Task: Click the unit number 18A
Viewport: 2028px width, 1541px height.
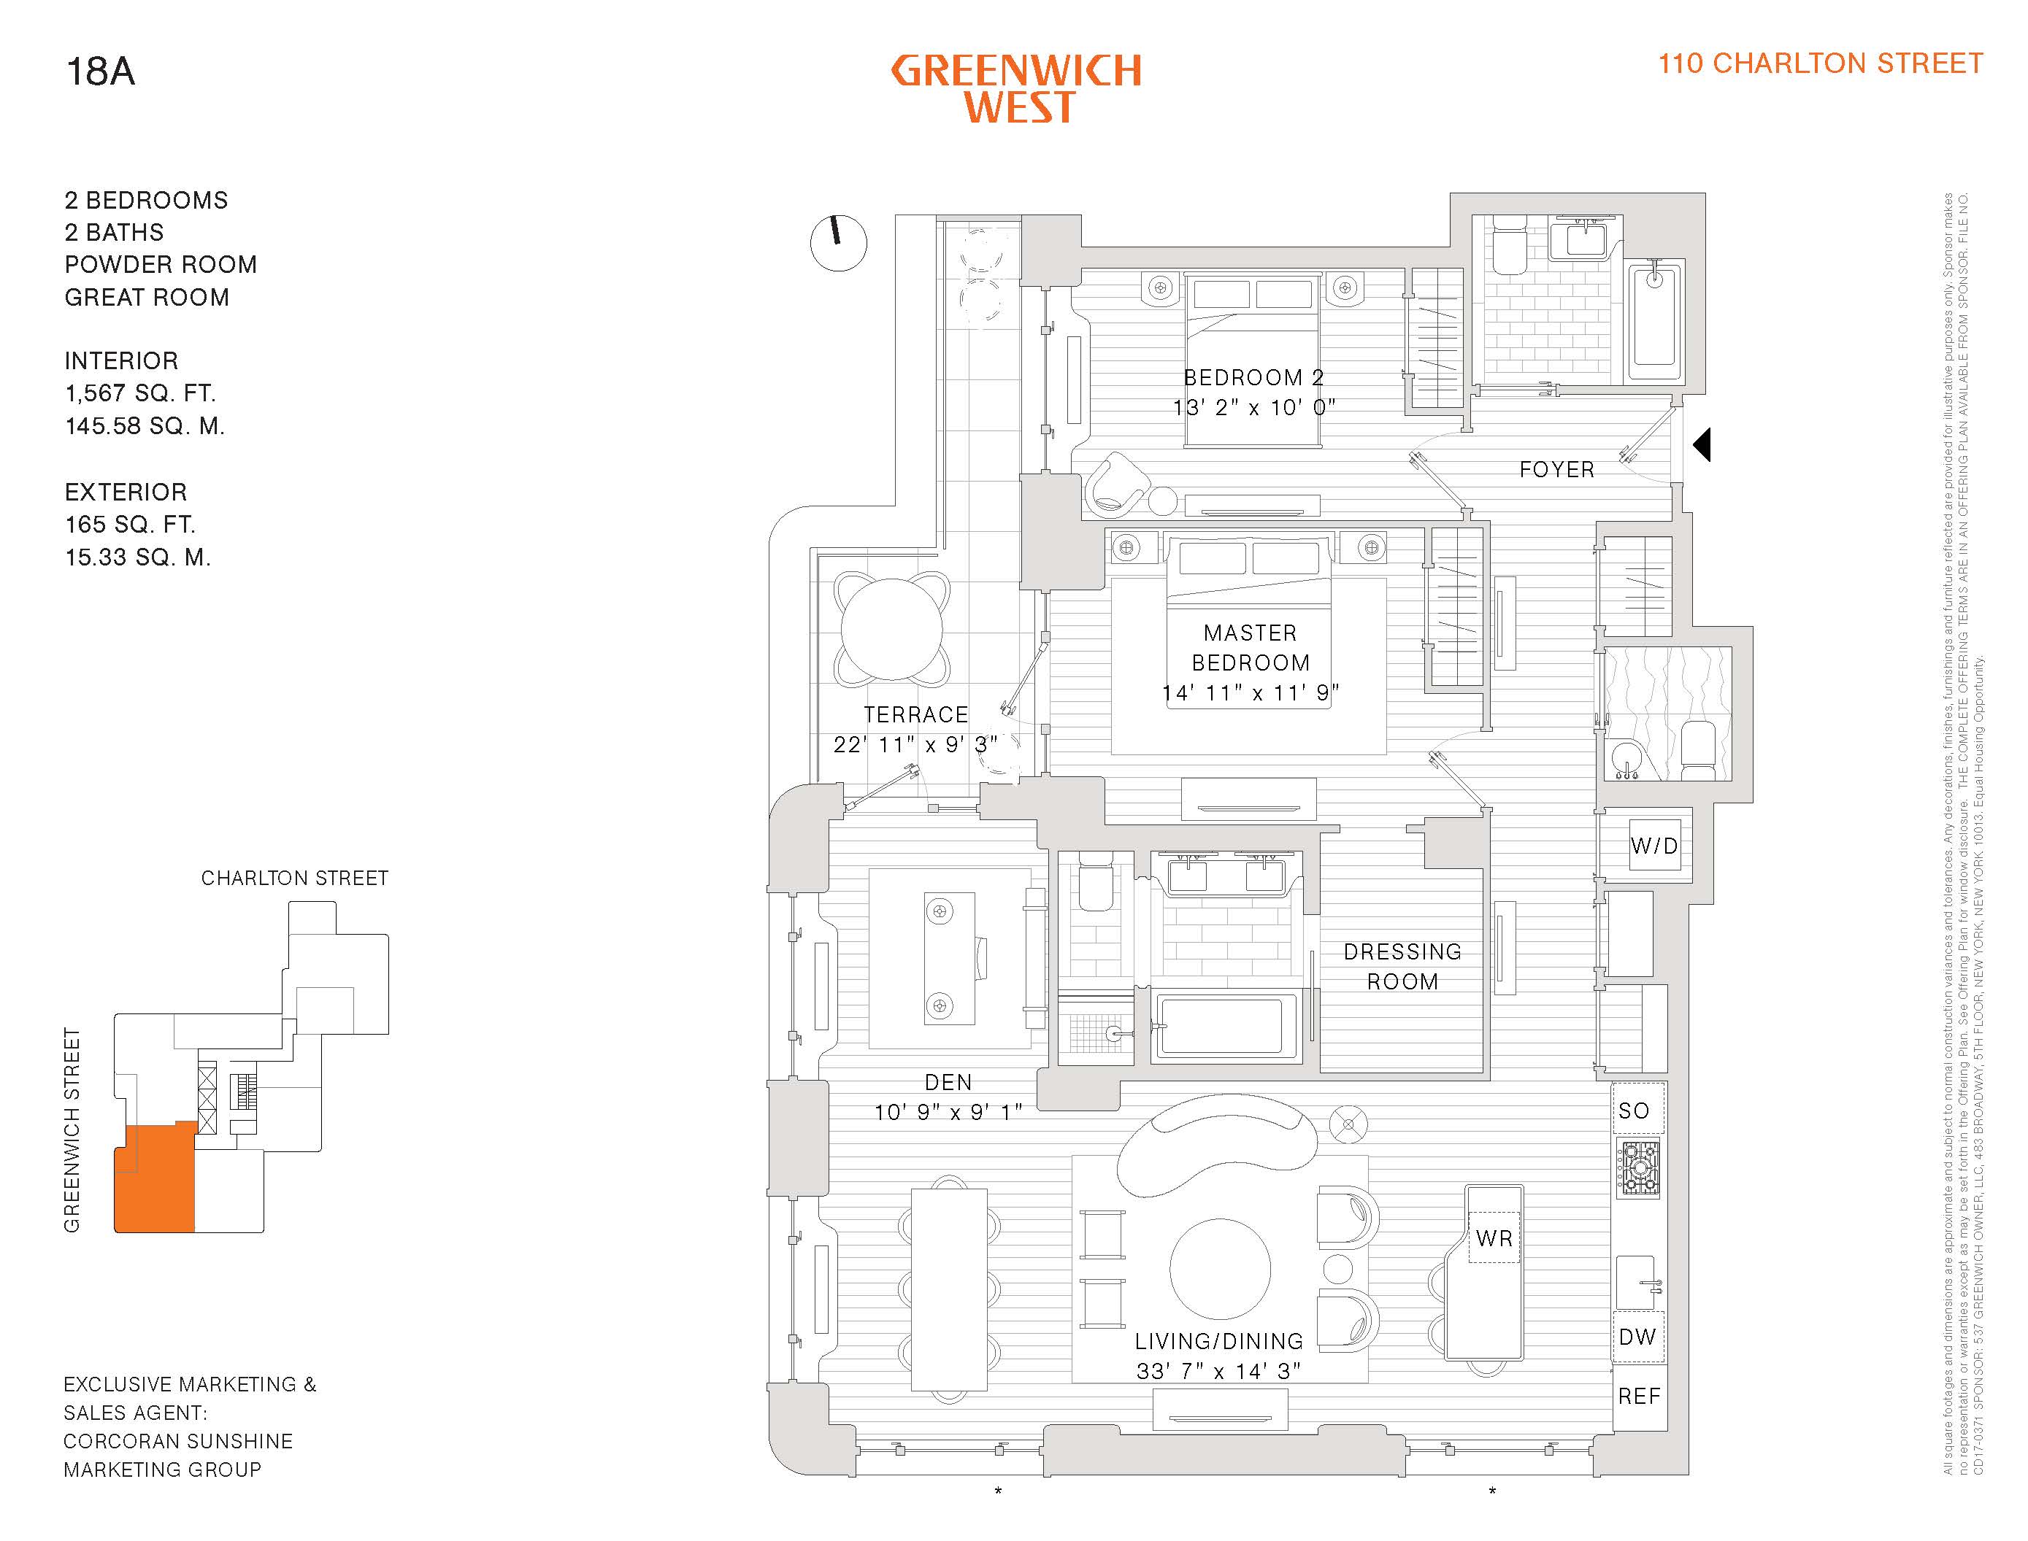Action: point(100,72)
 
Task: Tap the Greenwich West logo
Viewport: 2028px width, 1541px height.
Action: point(1017,89)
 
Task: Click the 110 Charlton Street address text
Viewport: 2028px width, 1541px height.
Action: point(1820,63)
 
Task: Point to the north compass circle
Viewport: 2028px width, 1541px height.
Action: point(839,243)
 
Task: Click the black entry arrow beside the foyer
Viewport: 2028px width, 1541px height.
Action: point(1702,445)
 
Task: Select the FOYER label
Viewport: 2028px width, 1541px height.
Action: point(1556,470)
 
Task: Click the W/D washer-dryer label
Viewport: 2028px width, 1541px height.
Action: point(1653,846)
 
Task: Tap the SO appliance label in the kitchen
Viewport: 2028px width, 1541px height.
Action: point(1633,1111)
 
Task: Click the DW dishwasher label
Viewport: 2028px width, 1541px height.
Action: point(1637,1337)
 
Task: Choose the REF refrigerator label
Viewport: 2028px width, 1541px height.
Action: point(1639,1396)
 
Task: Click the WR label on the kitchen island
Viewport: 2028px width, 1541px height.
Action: point(1494,1238)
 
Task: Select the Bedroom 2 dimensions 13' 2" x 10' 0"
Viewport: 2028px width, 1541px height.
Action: point(1253,407)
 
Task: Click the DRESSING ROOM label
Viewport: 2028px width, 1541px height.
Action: point(1402,967)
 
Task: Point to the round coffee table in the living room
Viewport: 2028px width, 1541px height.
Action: point(1220,1269)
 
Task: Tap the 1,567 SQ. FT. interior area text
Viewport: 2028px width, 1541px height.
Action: point(140,393)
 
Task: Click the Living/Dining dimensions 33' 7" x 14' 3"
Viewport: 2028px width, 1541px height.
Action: point(1218,1370)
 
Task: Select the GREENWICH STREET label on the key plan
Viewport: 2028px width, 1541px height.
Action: point(72,1129)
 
